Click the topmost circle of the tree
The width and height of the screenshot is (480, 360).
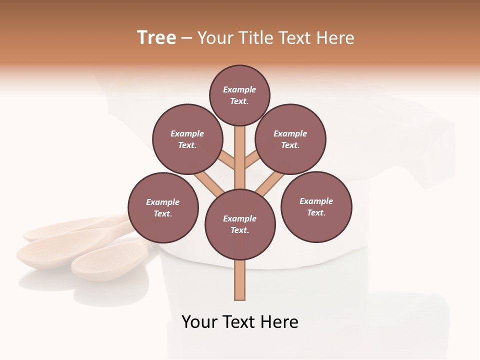click(239, 95)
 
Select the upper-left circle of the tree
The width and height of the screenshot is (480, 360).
click(187, 139)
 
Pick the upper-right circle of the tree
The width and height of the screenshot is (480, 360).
click(290, 139)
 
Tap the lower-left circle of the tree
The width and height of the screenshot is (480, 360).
click(163, 207)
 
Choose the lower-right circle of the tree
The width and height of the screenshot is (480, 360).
click(316, 206)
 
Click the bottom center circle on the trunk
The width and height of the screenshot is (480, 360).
click(240, 224)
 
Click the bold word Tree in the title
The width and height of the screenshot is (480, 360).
click(156, 37)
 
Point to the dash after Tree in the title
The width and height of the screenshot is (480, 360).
click(186, 38)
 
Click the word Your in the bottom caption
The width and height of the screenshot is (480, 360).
click(200, 322)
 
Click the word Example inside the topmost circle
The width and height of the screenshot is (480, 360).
click(239, 89)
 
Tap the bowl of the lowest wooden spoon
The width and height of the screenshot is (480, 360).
click(100, 264)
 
